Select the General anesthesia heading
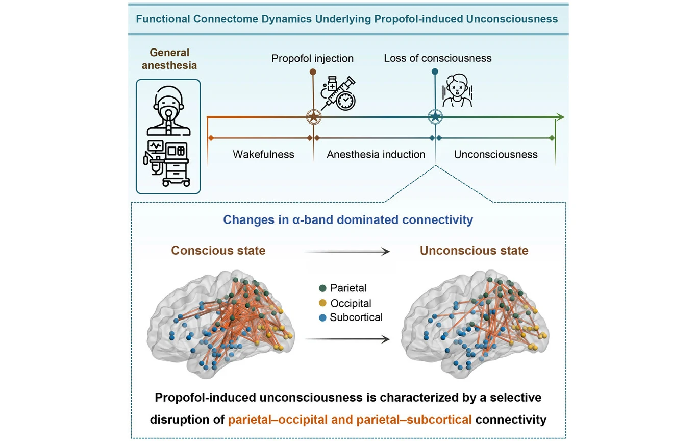169,59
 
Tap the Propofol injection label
312,58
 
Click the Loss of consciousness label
437,58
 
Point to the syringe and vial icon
337,92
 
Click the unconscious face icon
457,91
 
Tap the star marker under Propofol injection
313,117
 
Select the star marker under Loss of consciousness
434,117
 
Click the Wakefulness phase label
263,154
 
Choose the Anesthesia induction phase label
376,154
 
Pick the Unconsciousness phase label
495,154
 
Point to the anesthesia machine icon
167,162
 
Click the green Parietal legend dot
322,288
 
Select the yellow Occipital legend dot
322,303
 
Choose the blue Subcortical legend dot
322,317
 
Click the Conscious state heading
218,251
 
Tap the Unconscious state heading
474,251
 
